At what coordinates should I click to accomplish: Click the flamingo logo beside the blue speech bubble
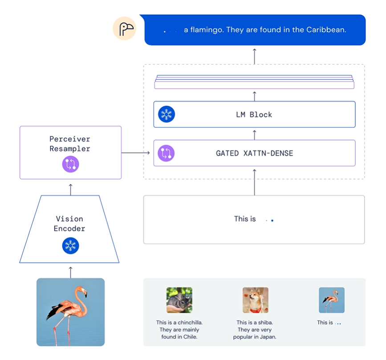(x=124, y=29)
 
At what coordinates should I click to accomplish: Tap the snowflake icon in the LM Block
(x=167, y=114)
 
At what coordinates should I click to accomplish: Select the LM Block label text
(x=254, y=114)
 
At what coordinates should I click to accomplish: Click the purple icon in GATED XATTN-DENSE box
(x=167, y=153)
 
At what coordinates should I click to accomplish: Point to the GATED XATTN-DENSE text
(x=254, y=153)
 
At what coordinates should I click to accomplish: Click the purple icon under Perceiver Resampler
(x=70, y=164)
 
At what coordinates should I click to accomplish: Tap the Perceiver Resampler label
(x=70, y=144)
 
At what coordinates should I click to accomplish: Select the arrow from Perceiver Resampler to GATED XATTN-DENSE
(x=136, y=153)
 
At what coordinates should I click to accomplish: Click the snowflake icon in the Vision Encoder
(x=70, y=246)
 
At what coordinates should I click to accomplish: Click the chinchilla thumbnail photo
(x=179, y=300)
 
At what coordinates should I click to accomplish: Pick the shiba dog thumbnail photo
(x=255, y=300)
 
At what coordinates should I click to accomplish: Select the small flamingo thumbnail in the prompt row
(x=331, y=300)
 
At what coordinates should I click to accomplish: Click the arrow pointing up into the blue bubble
(x=255, y=55)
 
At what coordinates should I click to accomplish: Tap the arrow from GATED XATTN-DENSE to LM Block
(x=255, y=134)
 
